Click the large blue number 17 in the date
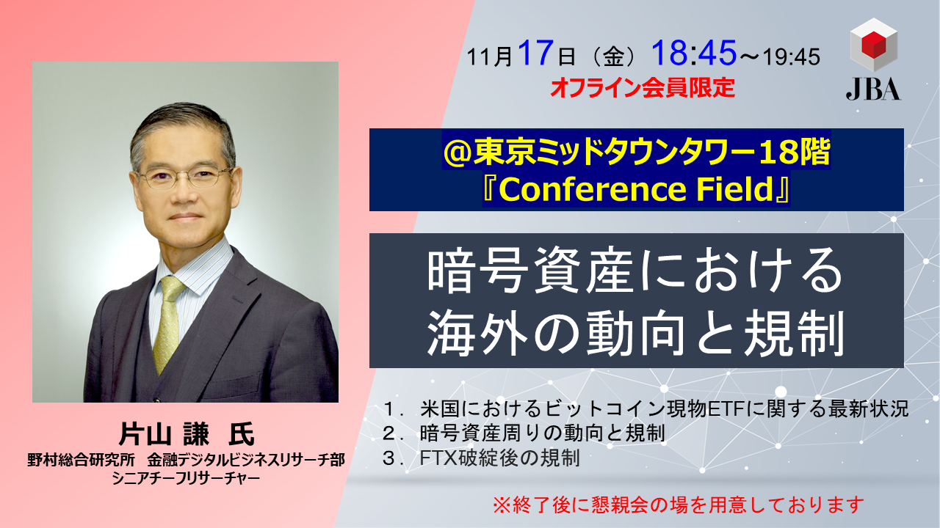tap(533, 54)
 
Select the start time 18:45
tap(693, 54)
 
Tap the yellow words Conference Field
tap(636, 190)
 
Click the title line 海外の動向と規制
tap(635, 334)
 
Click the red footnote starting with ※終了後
tap(679, 505)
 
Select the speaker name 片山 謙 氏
tap(185, 434)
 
